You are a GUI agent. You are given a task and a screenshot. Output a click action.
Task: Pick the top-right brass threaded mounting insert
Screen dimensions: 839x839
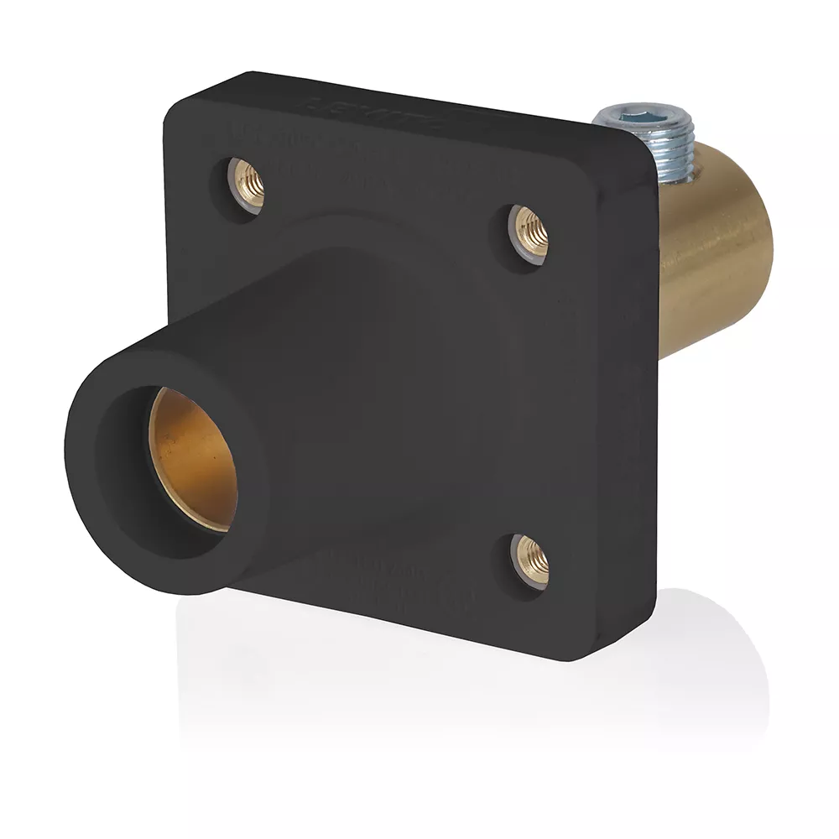(532, 228)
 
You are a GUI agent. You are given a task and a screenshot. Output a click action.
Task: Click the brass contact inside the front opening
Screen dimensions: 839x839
(193, 457)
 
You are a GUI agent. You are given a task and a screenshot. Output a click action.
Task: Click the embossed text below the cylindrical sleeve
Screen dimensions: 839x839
(394, 579)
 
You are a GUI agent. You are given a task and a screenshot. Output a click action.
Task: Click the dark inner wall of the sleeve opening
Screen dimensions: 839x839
(126, 470)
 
